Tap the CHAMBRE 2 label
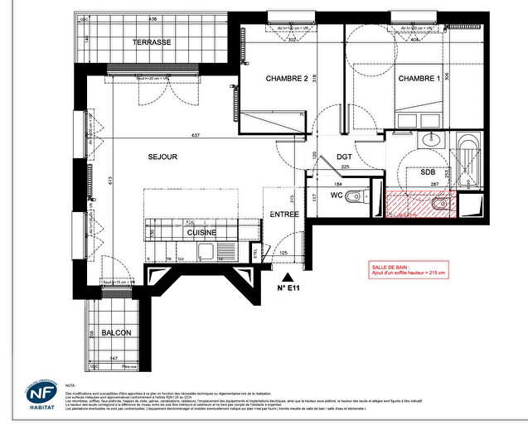click(287, 79)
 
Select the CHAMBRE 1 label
click(419, 79)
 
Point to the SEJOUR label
click(163, 157)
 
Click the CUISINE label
click(201, 233)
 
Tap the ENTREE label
click(283, 215)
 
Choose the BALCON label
click(116, 332)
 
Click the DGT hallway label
click(346, 157)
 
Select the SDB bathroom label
click(429, 174)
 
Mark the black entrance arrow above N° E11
click(287, 278)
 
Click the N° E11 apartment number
click(288, 290)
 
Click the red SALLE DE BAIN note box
click(408, 269)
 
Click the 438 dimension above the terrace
click(153, 18)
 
